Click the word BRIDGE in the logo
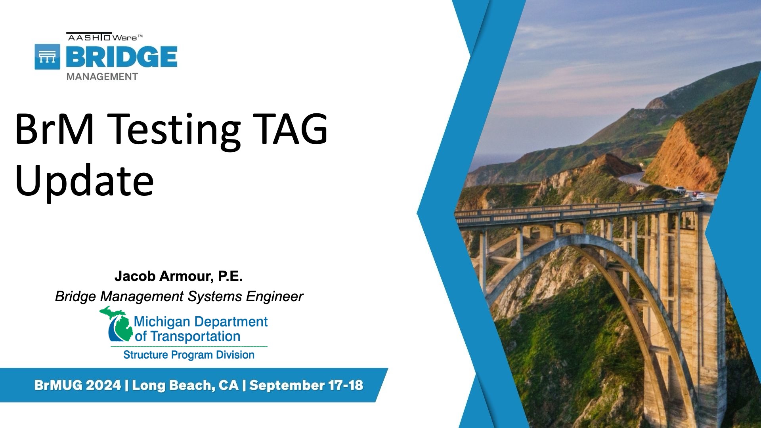(122, 57)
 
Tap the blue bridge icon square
(48, 57)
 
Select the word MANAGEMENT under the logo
(102, 77)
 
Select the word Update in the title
(84, 181)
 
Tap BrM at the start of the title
(55, 128)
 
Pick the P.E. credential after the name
(230, 276)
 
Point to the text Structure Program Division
(189, 355)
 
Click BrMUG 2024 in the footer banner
(78, 385)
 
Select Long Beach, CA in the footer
(185, 385)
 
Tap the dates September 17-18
(306, 385)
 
